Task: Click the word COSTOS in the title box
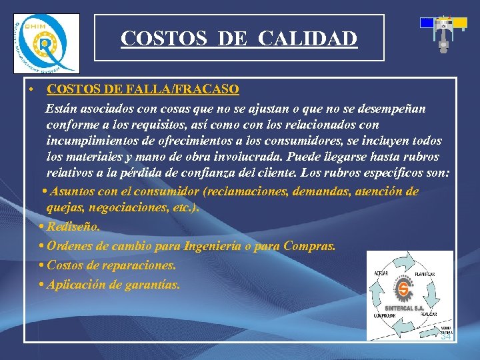[158, 39]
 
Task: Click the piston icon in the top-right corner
[443, 34]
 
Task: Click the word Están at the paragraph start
[62, 109]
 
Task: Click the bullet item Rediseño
[73, 227]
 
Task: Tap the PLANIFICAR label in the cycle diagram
[425, 275]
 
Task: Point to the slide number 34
[445, 337]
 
